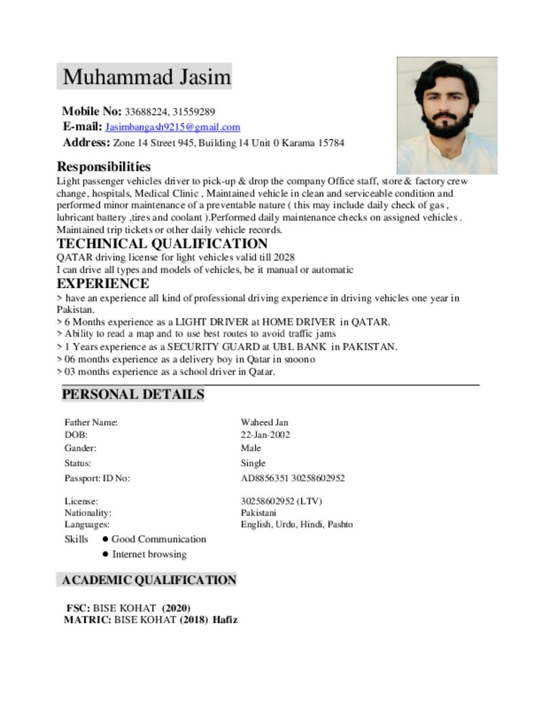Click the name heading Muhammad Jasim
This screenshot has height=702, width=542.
147,77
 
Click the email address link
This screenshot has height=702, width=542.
172,127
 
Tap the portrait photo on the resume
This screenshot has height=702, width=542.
447,115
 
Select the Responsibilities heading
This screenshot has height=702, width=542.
103,167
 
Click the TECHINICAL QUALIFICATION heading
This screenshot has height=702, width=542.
162,243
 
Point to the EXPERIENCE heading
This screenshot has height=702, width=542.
103,283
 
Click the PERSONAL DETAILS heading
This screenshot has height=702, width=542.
133,394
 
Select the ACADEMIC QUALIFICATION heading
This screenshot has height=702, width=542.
149,580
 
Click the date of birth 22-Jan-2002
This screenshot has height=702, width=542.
264,435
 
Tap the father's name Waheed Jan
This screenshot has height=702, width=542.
264,422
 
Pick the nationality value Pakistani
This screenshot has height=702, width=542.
258,512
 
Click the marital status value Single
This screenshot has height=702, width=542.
253,463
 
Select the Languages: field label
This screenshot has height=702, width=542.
87,524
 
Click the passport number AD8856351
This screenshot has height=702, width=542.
264,478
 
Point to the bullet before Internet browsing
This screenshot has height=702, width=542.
106,554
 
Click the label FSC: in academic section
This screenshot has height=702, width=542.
78,608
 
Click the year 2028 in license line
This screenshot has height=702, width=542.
284,257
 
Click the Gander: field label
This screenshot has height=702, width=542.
80,448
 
